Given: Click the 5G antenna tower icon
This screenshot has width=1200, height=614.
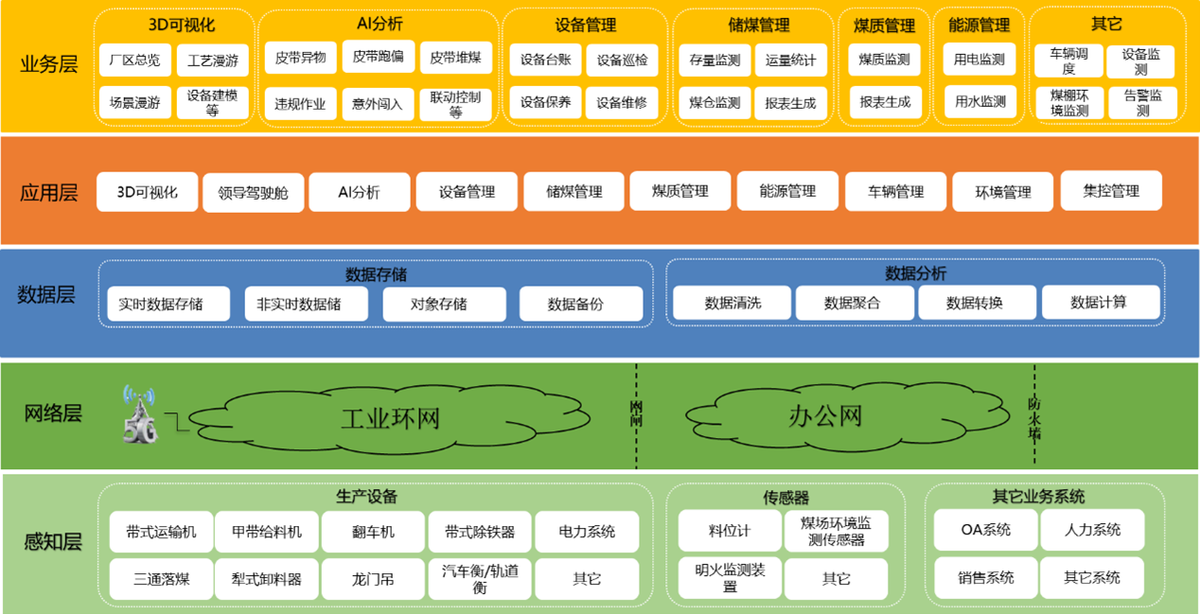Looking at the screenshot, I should (x=138, y=414).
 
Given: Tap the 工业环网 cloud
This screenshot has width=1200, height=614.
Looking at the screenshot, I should (x=390, y=417).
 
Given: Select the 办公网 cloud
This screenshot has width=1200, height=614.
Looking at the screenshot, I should (x=825, y=415).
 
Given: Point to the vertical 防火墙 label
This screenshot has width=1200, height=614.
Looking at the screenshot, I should (x=1034, y=417).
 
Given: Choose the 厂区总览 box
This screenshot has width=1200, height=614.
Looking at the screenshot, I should (x=134, y=61).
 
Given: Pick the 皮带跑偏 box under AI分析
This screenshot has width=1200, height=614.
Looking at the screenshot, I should (x=378, y=57).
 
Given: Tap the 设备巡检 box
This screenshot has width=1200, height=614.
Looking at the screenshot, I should (x=622, y=61).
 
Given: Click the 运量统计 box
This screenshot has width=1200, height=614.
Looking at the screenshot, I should (x=791, y=61).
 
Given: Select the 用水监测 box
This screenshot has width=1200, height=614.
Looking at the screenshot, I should (x=979, y=101).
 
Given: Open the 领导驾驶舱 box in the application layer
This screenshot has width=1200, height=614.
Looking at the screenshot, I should (x=253, y=193).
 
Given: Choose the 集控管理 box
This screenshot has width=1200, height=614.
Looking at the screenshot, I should (x=1111, y=191).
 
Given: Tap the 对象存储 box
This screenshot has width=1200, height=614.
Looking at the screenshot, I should (x=438, y=305).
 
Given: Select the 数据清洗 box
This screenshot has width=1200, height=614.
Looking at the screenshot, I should (x=732, y=304).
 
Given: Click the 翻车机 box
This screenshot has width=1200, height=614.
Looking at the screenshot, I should (x=373, y=532).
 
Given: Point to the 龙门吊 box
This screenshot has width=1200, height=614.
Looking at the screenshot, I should (x=373, y=579).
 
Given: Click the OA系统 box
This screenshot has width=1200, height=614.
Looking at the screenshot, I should (x=984, y=530).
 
